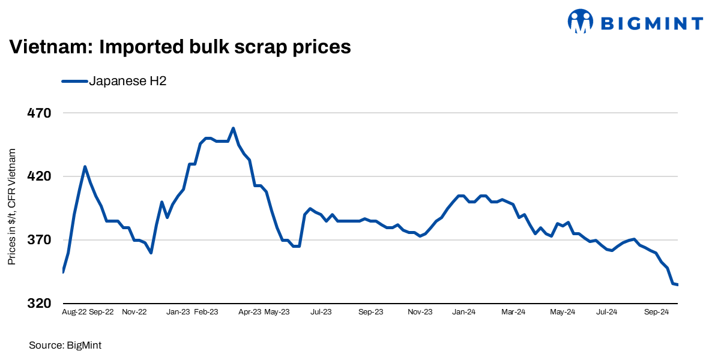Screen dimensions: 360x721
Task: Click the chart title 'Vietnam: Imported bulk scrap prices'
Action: [x=179, y=47]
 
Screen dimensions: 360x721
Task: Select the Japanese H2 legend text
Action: [x=127, y=82]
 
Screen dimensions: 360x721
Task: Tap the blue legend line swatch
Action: [x=74, y=82]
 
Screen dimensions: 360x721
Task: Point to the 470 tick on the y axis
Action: [x=40, y=113]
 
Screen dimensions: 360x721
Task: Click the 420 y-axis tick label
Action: [x=40, y=176]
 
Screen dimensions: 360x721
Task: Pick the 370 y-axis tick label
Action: [x=40, y=240]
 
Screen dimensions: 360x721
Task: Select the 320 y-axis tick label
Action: [x=40, y=304]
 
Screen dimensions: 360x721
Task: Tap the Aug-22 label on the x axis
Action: [x=74, y=312]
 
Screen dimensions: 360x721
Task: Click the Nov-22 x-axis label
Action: [x=134, y=312]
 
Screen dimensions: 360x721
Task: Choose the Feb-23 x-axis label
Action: [x=206, y=312]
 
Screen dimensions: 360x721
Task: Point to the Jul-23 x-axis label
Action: [x=321, y=312]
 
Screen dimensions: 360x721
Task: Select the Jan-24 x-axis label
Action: [x=463, y=312]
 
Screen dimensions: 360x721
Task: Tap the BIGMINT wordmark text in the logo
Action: [x=651, y=23]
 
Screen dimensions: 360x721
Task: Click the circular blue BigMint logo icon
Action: [x=581, y=22]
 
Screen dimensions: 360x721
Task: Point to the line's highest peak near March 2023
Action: [x=233, y=128]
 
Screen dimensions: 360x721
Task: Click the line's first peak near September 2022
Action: [x=85, y=166]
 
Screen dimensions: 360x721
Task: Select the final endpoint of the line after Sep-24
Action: [x=678, y=284]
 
